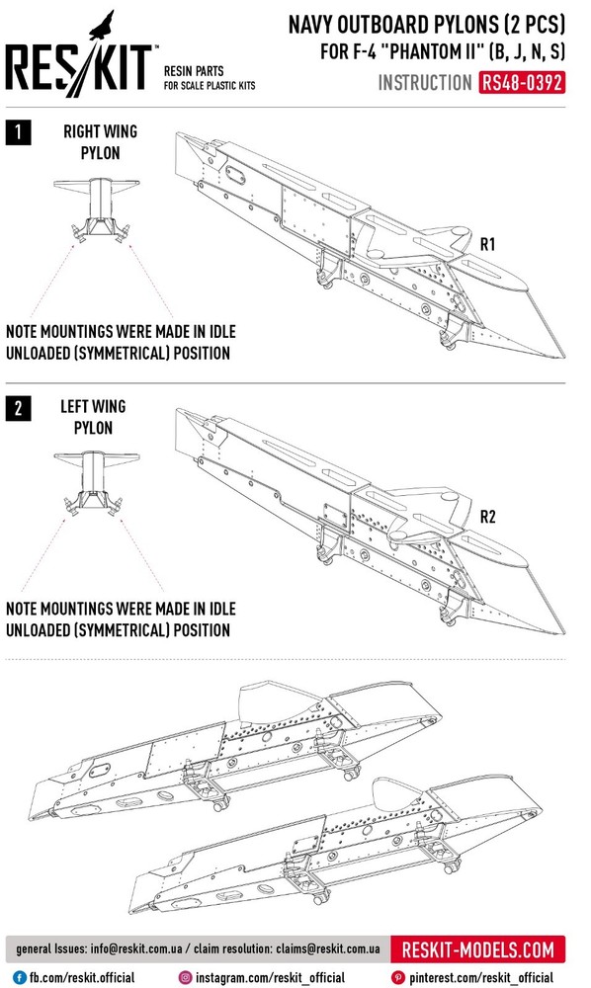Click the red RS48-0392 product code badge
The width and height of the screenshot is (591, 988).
pyautogui.click(x=522, y=83)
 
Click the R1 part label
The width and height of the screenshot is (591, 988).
pyautogui.click(x=487, y=244)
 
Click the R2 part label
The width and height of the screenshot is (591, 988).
pyautogui.click(x=487, y=517)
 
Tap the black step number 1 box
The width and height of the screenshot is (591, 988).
pyautogui.click(x=18, y=132)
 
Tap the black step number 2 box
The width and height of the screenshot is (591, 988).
pyautogui.click(x=18, y=409)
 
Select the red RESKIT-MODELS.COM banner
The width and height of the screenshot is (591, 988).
pyautogui.click(x=477, y=948)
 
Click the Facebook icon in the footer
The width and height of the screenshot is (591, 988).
pyautogui.click(x=20, y=977)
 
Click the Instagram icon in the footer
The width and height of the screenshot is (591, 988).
pyautogui.click(x=185, y=977)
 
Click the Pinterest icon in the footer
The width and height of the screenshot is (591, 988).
pyautogui.click(x=397, y=977)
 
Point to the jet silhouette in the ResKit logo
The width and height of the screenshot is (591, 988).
pyautogui.click(x=103, y=26)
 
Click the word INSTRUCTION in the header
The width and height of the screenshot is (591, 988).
pyautogui.click(x=425, y=83)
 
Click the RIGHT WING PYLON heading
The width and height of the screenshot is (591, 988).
pyautogui.click(x=100, y=141)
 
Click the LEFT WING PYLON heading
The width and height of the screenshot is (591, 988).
pyautogui.click(x=93, y=417)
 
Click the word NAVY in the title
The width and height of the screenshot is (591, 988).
pyautogui.click(x=310, y=26)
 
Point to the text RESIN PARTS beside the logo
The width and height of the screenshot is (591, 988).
pyautogui.click(x=194, y=71)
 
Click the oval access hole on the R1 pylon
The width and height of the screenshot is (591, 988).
pyautogui.click(x=235, y=175)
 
